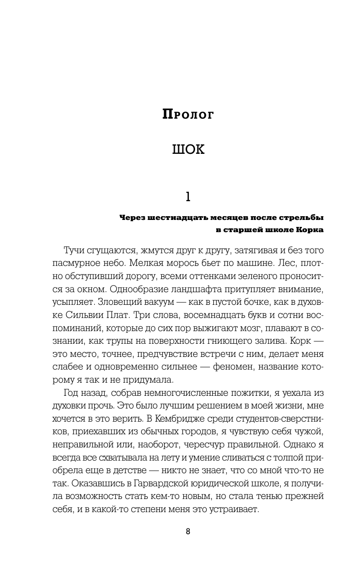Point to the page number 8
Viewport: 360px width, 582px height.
click(x=187, y=531)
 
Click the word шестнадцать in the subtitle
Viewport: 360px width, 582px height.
click(x=175, y=218)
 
